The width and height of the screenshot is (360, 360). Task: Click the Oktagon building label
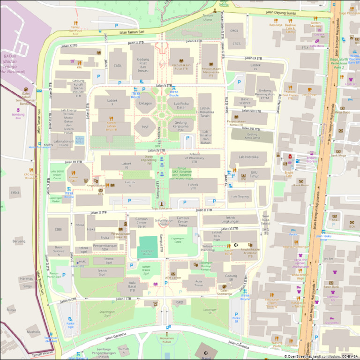[x=145, y=103]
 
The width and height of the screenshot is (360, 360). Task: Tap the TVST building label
[x=145, y=127]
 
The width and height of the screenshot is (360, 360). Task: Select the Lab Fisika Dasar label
[x=183, y=105]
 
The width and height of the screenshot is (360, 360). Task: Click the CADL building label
[x=118, y=66]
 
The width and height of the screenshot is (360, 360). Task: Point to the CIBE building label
[x=58, y=229]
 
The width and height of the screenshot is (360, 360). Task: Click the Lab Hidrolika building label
[x=248, y=157]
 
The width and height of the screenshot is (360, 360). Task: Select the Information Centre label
[x=164, y=222]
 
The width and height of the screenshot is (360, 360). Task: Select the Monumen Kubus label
[x=167, y=340]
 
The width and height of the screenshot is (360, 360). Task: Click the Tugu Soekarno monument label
[x=161, y=208]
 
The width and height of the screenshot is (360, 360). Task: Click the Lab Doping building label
[x=240, y=196]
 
